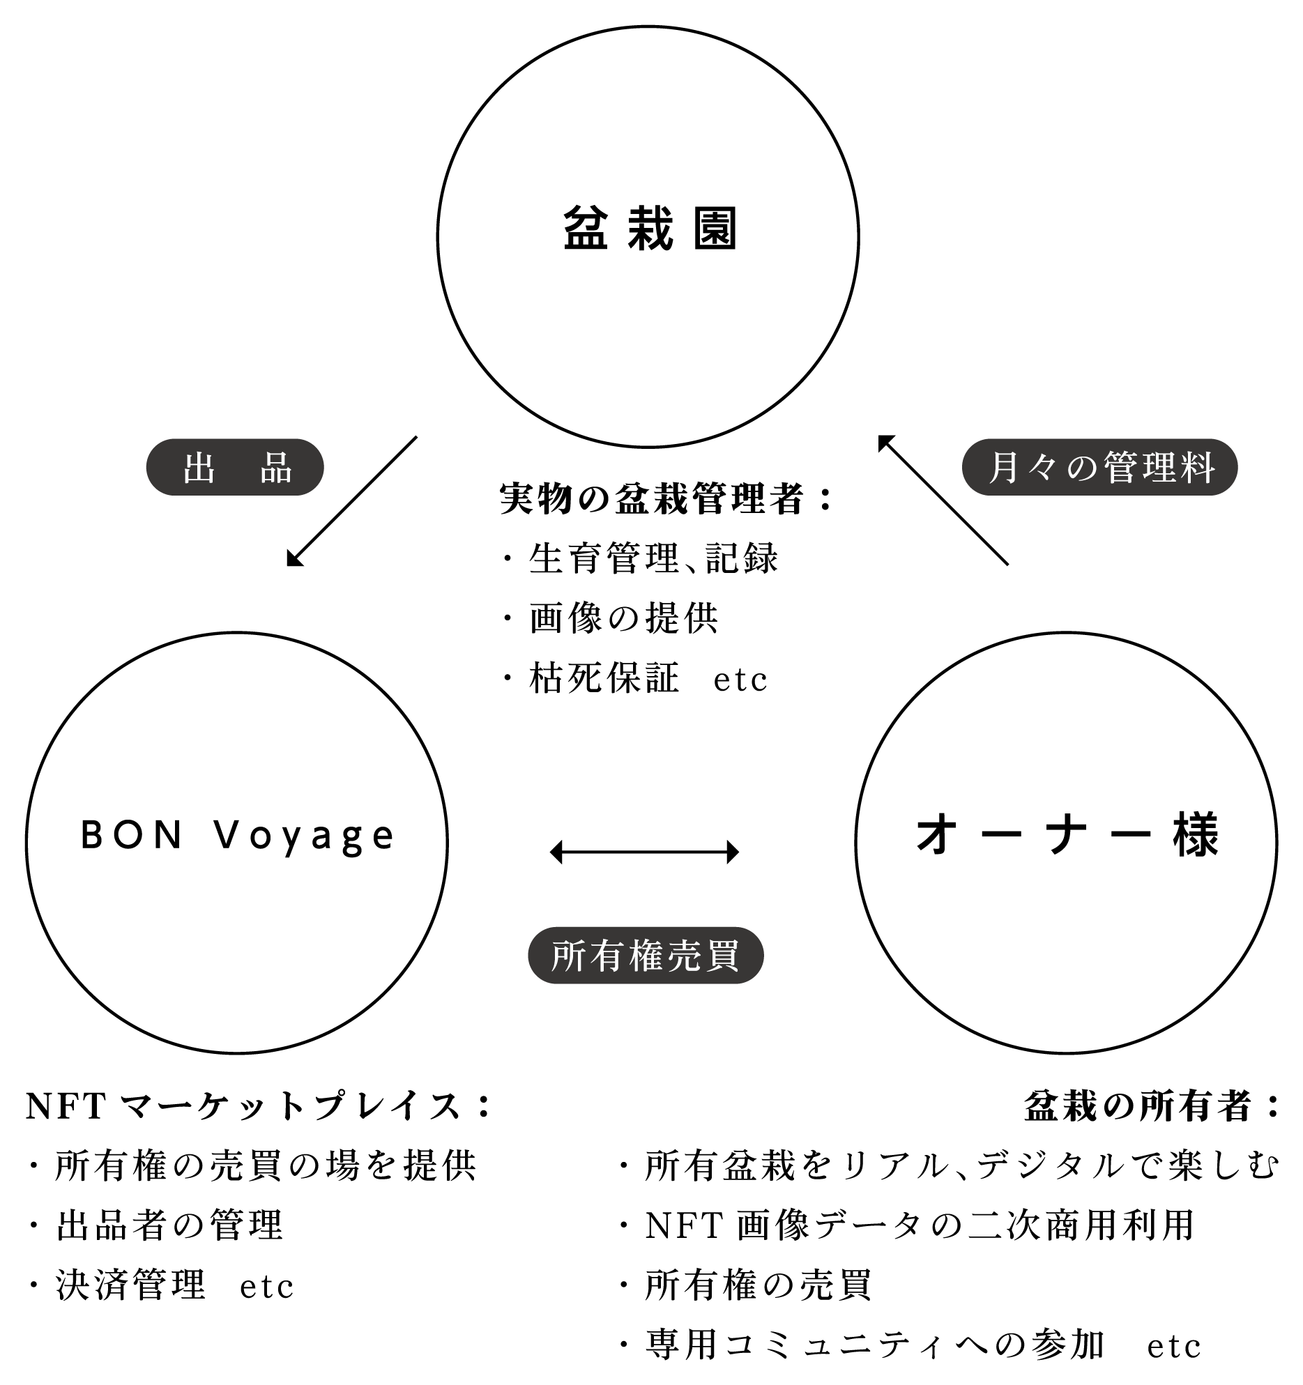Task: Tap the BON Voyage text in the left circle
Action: click(237, 835)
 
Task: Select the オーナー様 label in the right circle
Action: click(1067, 835)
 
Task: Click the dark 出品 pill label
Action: click(235, 467)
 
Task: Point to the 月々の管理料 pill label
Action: click(1099, 467)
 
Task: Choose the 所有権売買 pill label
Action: click(646, 955)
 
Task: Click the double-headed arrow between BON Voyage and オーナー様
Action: click(644, 852)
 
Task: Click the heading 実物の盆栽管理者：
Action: click(666, 499)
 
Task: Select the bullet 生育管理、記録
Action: click(653, 558)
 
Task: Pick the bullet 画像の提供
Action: click(623, 618)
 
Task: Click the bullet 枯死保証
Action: click(604, 678)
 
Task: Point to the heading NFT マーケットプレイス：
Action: click(258, 1106)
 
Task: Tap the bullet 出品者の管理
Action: click(169, 1225)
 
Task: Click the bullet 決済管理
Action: click(130, 1285)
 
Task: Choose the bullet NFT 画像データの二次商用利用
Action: click(920, 1225)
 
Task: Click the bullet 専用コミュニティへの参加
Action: click(874, 1345)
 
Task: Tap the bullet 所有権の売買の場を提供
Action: click(265, 1165)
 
